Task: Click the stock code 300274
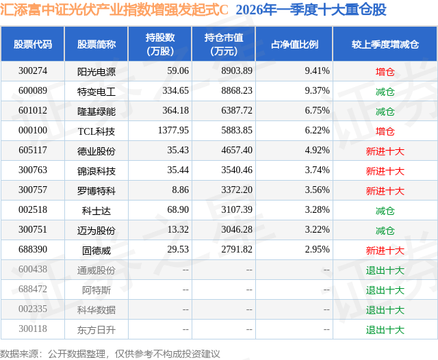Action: [33, 71]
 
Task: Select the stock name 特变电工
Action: [96, 91]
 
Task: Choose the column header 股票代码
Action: [33, 44]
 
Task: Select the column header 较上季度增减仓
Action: [385, 44]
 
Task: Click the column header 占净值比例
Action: [294, 44]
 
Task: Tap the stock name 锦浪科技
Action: [96, 170]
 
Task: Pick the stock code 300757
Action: [33, 190]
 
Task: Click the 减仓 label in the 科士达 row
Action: [385, 210]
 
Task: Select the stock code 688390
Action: [33, 250]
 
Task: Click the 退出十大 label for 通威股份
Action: [385, 270]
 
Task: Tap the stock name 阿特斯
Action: [96, 290]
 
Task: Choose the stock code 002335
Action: [33, 309]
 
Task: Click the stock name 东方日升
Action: [96, 329]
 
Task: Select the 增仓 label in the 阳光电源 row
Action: [385, 71]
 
